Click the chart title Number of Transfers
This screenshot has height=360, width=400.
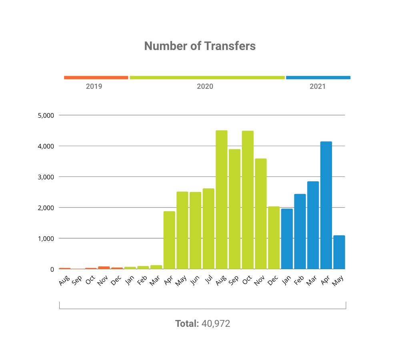coord(200,46)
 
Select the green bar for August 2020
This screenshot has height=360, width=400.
coord(222,200)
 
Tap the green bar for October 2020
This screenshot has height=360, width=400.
coord(248,200)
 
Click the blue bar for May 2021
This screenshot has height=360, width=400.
coord(339,252)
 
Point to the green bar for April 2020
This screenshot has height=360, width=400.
coord(169,240)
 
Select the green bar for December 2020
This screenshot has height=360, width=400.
coord(274,238)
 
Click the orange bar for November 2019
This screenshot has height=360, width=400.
coord(104,268)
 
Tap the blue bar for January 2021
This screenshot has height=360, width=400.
coord(287,239)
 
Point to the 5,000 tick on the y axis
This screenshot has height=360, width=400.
coord(45,116)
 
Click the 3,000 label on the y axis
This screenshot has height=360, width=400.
coord(45,177)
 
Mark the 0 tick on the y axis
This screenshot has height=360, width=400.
coord(52,270)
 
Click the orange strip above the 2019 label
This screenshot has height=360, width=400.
coord(96,78)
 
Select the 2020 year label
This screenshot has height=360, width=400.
coord(205,86)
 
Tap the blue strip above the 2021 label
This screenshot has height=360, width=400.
coord(318,78)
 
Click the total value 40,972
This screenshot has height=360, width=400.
coord(216,324)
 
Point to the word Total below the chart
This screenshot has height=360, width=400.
coord(187,324)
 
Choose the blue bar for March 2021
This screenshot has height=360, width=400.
coord(313,225)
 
